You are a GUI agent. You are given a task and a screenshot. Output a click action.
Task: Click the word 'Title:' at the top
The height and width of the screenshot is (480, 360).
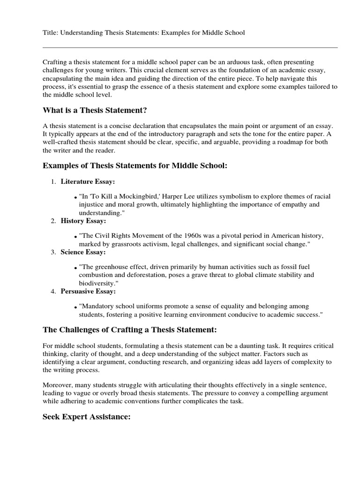pyautogui.click(x=50, y=33)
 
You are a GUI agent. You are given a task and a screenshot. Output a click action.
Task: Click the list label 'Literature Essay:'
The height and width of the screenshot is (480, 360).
pyautogui.click(x=88, y=181)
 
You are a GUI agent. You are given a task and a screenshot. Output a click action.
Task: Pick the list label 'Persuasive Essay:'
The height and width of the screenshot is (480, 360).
pyautogui.click(x=88, y=291)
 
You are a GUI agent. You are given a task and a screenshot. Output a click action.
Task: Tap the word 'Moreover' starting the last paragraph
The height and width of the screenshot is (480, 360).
pyautogui.click(x=58, y=385)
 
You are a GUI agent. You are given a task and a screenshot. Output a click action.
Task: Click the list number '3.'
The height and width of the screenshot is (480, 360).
pyautogui.click(x=53, y=252)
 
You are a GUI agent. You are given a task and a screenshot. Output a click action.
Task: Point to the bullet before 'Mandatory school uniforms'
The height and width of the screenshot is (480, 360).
pyautogui.click(x=75, y=307)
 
